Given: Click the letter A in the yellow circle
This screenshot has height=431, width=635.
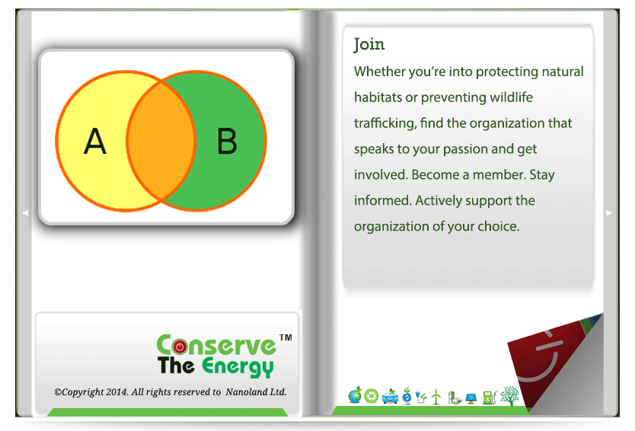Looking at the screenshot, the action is click(x=95, y=141).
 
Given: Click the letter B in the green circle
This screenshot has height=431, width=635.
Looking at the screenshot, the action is click(x=227, y=141).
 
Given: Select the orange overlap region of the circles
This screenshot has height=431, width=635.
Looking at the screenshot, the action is click(x=161, y=141).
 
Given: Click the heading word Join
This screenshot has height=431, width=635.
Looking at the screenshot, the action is click(x=369, y=44).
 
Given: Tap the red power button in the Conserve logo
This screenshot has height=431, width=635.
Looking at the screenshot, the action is click(x=180, y=346).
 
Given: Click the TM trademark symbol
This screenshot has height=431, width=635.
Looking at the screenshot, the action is click(x=286, y=337).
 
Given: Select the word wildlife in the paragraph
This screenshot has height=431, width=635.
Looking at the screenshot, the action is click(x=511, y=97).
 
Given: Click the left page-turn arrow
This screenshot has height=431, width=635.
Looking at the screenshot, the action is click(x=25, y=212).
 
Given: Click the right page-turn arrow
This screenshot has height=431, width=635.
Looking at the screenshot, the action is click(x=609, y=212).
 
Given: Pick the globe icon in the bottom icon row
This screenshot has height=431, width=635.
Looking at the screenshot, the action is click(x=355, y=395).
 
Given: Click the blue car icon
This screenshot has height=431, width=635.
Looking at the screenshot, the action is click(x=390, y=397).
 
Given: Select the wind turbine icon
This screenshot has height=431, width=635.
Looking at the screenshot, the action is click(x=436, y=397).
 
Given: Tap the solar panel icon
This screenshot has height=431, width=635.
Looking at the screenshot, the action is click(x=471, y=398).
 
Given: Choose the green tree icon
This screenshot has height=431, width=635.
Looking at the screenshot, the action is click(x=510, y=396).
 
